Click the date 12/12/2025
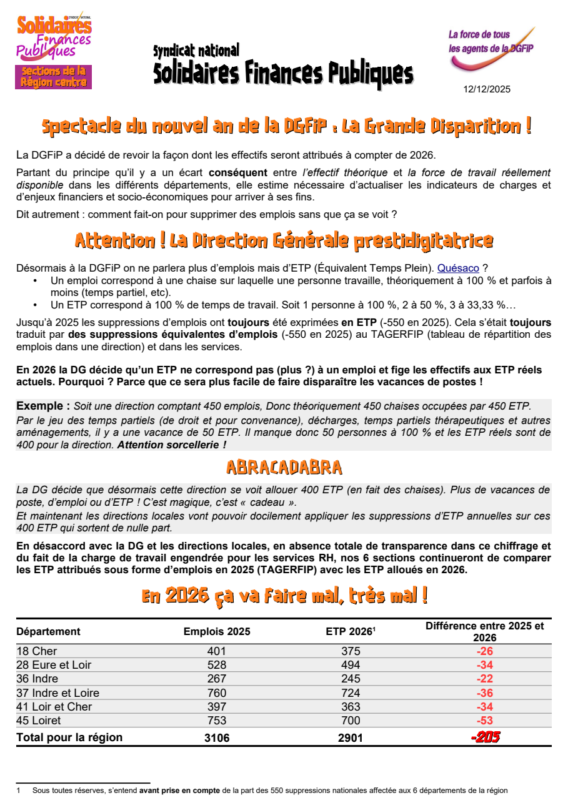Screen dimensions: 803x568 (x=486, y=89)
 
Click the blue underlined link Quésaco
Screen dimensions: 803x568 (x=458, y=268)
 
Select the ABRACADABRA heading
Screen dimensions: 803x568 (x=284, y=467)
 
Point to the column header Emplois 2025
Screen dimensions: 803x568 (x=216, y=631)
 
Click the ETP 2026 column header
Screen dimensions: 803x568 (x=350, y=631)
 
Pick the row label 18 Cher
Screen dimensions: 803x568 (x=37, y=651)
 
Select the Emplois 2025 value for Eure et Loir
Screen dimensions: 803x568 (x=216, y=665)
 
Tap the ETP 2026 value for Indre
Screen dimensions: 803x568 (x=351, y=679)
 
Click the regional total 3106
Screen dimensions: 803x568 (x=217, y=737)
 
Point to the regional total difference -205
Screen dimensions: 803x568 (x=485, y=737)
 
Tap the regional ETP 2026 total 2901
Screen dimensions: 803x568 (x=351, y=737)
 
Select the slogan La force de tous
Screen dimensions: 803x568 (x=479, y=35)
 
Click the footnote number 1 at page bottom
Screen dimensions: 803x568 (x=19, y=791)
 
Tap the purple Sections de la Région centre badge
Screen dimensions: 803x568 (x=54, y=77)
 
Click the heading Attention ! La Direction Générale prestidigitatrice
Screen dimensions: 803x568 (x=284, y=240)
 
